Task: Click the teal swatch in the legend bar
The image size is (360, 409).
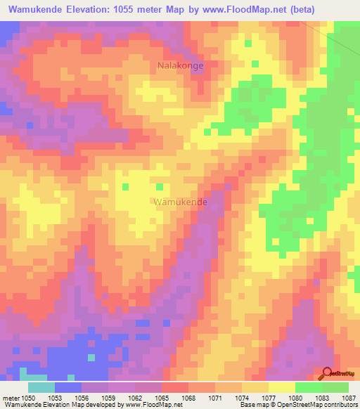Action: pos(41,387)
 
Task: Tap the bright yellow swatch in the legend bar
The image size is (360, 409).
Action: pos(282,387)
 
